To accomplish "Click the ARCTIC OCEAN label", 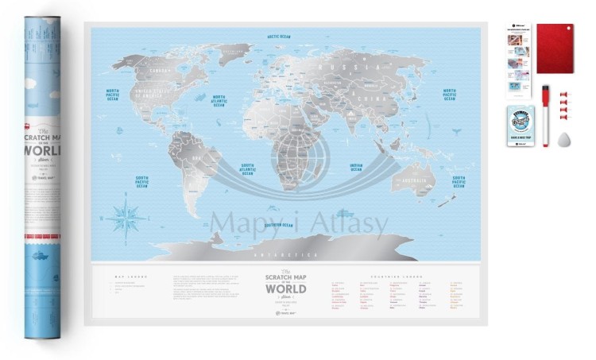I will (x=280, y=37).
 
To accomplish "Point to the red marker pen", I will (x=545, y=114).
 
